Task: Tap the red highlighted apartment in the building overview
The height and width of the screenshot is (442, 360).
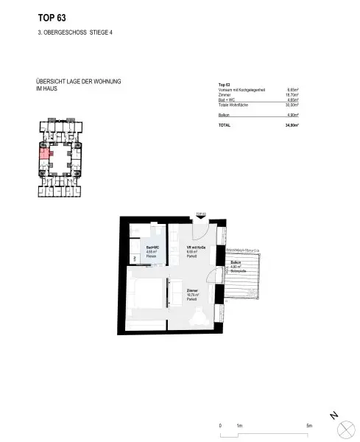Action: tap(43, 153)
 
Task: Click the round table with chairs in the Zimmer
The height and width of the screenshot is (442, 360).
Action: tap(199, 316)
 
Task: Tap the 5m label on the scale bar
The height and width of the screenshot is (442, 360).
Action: tap(309, 427)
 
